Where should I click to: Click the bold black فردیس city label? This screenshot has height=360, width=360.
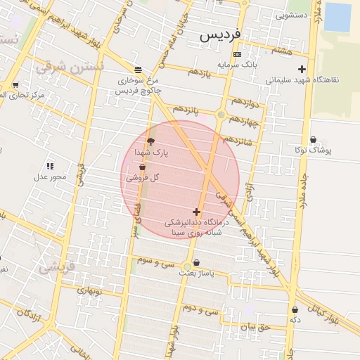tap(219, 34)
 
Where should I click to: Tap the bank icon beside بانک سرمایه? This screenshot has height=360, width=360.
tap(237, 54)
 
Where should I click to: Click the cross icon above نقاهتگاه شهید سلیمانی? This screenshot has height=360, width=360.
tap(302, 69)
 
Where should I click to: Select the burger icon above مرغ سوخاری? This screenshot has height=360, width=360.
tap(138, 70)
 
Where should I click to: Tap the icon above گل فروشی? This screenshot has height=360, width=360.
tap(143, 168)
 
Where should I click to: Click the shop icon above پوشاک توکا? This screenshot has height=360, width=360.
tap(313, 140)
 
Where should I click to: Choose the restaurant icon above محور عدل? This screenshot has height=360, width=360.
tap(50, 166)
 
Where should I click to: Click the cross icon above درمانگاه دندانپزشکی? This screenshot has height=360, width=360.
tap(195, 212)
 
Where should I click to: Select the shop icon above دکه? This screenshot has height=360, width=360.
tap(295, 309)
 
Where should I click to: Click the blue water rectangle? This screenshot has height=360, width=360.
tap(337, 17)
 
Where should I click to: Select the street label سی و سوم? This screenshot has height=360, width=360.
tap(155, 260)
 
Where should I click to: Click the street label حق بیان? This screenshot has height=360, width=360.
tap(255, 326)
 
